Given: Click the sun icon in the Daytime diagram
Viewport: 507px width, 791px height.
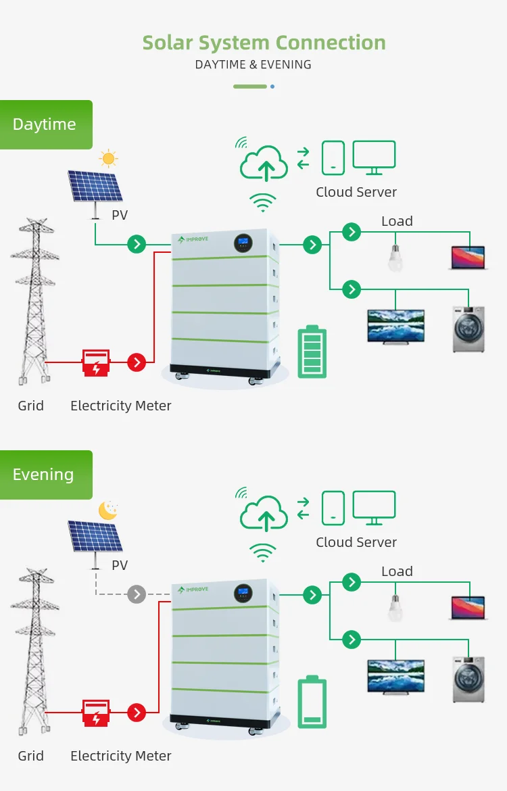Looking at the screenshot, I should [108, 159].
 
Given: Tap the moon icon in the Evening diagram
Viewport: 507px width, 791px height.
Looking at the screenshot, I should [108, 510].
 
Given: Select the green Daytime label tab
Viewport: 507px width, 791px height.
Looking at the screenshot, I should [45, 124].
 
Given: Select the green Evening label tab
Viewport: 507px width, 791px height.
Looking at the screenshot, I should [45, 475].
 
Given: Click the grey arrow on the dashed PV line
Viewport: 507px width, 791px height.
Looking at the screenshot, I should [137, 594].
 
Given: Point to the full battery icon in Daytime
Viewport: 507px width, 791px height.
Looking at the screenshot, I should [312, 352].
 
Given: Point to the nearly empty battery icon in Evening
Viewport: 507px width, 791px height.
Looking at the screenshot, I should [312, 702].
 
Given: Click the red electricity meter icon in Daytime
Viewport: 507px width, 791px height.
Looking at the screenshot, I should [95, 362].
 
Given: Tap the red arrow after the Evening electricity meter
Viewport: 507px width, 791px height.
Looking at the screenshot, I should [137, 713].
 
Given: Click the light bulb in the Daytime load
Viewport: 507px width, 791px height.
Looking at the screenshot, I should [395, 258].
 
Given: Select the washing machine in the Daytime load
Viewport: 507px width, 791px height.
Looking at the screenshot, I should [468, 329].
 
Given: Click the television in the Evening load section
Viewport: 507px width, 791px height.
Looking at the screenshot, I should [395, 676].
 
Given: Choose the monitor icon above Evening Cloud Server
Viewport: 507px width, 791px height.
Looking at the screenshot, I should [374, 507].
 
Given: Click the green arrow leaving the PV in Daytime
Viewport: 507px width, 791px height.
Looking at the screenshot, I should [137, 244].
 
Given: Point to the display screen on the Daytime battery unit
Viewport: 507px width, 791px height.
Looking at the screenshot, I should [244, 242].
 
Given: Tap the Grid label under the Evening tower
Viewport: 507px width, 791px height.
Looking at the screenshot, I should [30, 756].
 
